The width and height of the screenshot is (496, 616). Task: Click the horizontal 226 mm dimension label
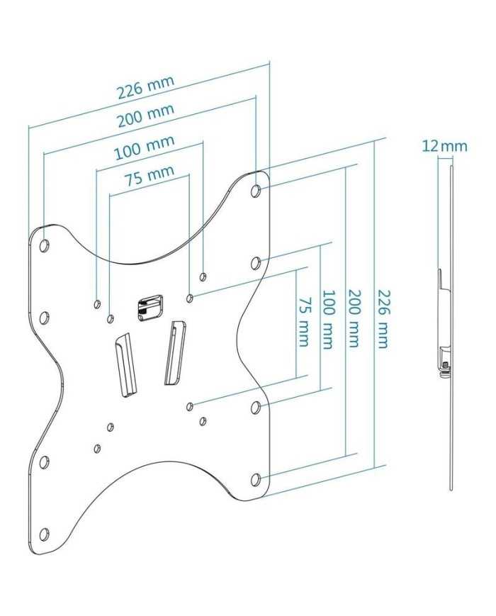pyautogui.click(x=146, y=87)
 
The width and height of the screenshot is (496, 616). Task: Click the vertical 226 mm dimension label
pyautogui.click(x=382, y=318)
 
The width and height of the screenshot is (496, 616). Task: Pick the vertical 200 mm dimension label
pyautogui.click(x=354, y=318)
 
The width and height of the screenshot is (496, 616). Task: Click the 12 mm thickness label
pyautogui.click(x=444, y=146)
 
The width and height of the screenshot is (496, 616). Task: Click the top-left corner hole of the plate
pyautogui.click(x=44, y=246)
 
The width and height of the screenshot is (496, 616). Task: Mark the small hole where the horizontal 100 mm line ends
pyautogui.click(x=204, y=276)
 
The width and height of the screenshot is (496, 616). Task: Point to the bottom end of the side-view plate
pyautogui.click(x=451, y=488)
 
